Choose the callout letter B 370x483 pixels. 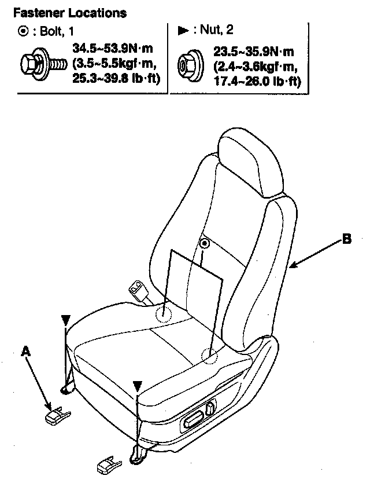(346, 239)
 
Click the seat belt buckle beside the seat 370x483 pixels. (139, 288)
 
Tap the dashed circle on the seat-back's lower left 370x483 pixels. (164, 313)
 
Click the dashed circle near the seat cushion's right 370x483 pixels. (209, 356)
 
